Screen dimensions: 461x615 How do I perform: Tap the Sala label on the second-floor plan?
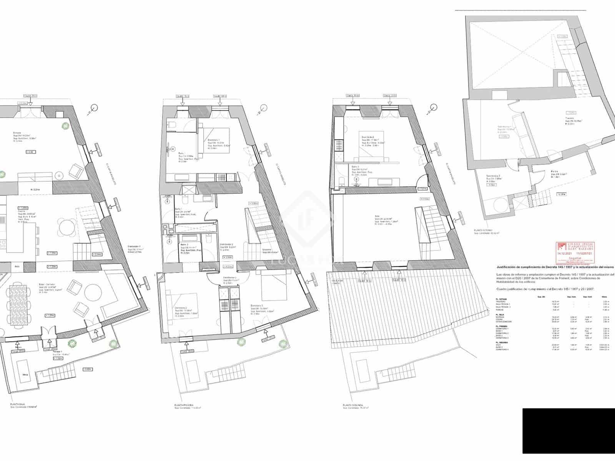[x=377, y=216]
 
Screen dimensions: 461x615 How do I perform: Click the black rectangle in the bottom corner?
[x=568, y=434]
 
